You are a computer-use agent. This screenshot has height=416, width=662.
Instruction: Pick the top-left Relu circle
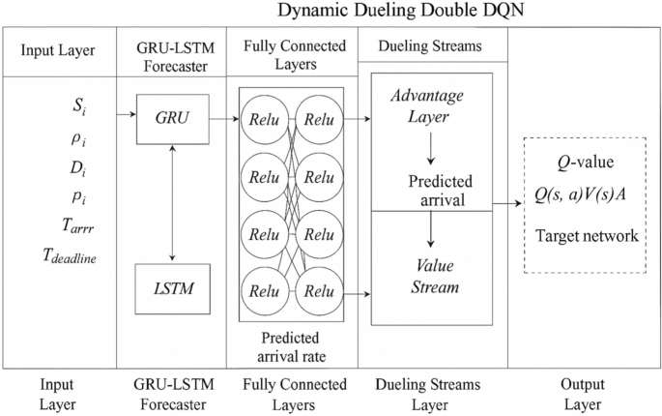coord(261,118)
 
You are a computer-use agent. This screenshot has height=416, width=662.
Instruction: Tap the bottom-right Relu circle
coord(319,289)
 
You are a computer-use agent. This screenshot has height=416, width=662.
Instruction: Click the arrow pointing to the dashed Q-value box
coord(509,204)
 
